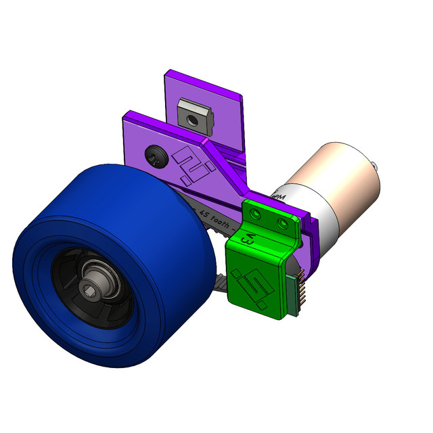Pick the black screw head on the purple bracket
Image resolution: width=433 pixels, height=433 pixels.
(155, 157)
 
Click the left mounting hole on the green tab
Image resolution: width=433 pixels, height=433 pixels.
(256, 214)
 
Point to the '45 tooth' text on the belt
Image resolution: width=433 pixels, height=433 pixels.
(216, 219)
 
